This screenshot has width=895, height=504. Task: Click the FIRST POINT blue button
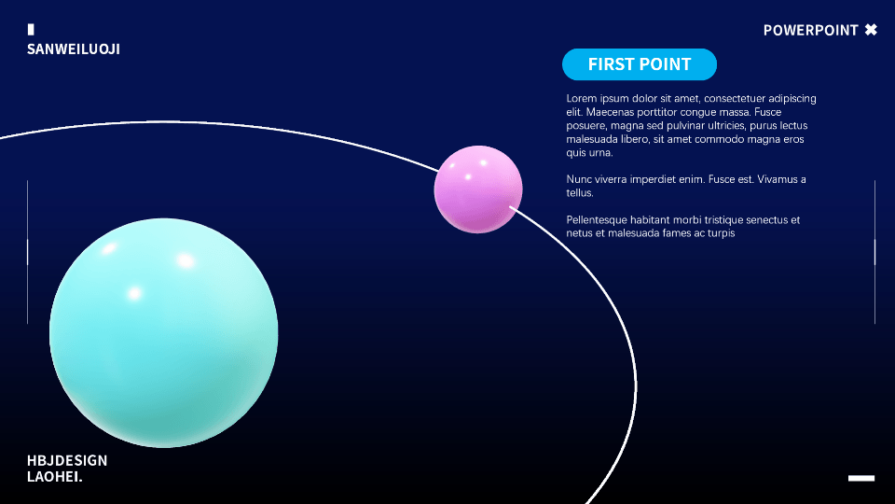pos(640,64)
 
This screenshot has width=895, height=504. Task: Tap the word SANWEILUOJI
pos(74,49)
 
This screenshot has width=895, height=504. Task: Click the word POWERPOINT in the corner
pos(810,30)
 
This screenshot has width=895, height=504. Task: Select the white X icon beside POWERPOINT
pos(871,30)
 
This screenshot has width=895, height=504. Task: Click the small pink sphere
pos(478,189)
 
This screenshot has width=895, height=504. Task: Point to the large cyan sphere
pos(164,332)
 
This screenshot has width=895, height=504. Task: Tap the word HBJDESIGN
pos(67,460)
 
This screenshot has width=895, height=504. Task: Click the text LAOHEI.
pos(55,477)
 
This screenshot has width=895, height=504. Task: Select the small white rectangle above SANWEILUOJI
pos(31,29)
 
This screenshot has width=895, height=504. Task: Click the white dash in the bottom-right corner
pos(861,478)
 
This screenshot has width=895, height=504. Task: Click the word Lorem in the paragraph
pos(582,98)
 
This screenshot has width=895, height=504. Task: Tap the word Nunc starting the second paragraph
pos(578,179)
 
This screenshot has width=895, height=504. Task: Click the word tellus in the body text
pos(580,193)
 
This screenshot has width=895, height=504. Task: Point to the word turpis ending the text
pos(722,233)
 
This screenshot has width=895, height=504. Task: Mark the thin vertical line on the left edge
pos(27,252)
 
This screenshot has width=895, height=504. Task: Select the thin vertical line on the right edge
pos(874,252)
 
